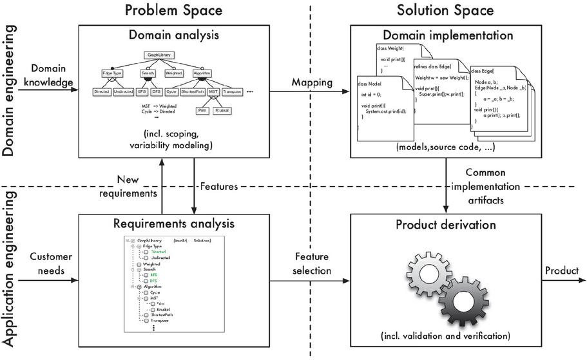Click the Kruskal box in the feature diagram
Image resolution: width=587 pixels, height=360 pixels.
(221, 111)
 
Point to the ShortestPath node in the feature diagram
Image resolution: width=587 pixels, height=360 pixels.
(193, 92)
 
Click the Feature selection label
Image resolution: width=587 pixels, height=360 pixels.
(311, 263)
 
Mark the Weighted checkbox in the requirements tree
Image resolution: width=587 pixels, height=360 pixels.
(139, 264)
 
